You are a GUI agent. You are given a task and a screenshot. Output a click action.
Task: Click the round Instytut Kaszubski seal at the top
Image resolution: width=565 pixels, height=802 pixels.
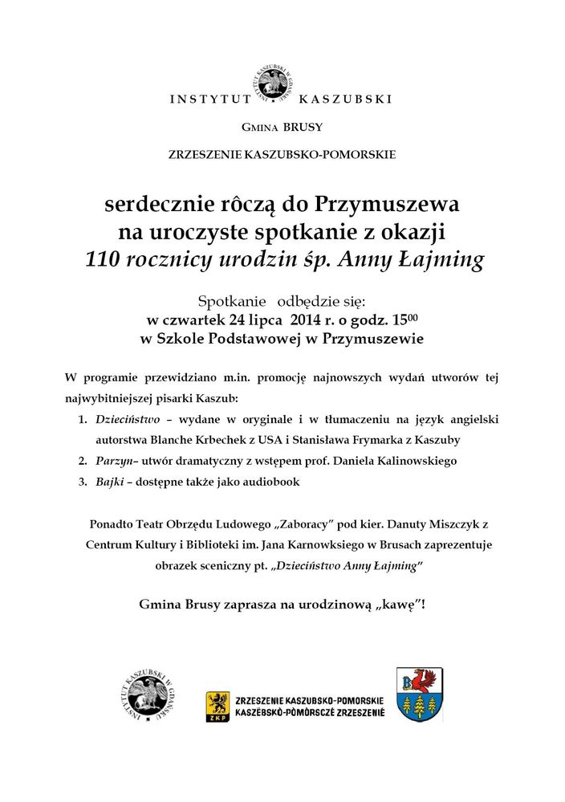point(273,84)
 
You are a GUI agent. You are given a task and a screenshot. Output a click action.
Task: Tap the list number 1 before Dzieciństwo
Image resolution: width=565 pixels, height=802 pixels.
point(82,419)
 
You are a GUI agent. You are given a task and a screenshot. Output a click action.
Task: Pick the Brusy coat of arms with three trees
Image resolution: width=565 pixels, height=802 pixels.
point(421,694)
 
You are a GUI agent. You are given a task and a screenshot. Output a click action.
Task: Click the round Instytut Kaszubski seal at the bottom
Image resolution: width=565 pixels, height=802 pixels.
point(145,695)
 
